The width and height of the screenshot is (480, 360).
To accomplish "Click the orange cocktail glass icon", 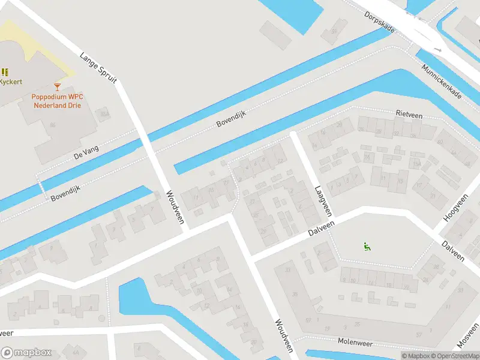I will pos(57,88).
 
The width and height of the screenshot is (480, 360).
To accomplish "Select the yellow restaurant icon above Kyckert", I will pos(5,72).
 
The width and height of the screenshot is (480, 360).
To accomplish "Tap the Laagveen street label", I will pos(323,201).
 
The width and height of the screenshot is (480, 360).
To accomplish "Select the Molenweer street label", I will pos(356,343).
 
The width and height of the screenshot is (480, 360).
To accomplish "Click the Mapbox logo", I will pos(26,353).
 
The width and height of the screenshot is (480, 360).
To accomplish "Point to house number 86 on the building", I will pos(53,125).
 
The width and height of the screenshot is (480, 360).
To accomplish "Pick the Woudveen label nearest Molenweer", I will pos(283,335).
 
